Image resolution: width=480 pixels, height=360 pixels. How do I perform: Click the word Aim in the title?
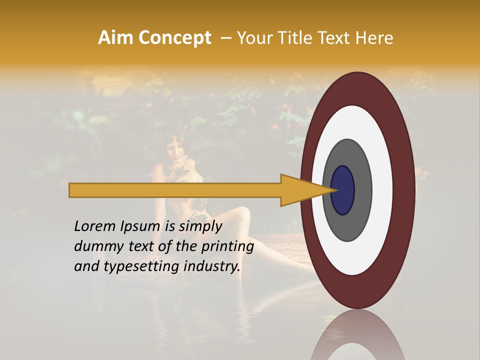point(115,38)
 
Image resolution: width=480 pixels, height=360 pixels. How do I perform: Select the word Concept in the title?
point(174,38)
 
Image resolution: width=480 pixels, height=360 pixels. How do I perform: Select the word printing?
point(227,246)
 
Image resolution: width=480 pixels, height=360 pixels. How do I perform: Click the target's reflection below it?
point(357,335)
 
